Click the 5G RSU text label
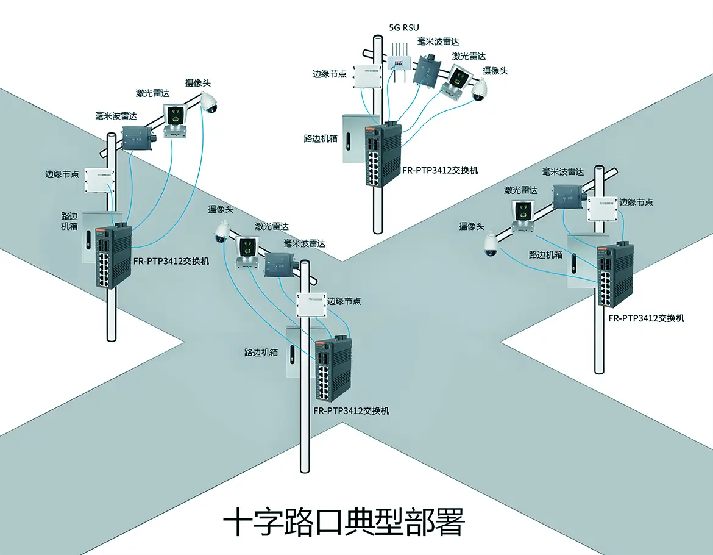(x=404, y=27)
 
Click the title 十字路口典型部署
(x=344, y=522)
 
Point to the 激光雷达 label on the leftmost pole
(x=152, y=93)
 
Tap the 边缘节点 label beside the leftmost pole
(x=62, y=174)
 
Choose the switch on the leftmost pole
(x=113, y=256)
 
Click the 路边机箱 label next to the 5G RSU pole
(x=321, y=139)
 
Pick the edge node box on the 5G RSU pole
(x=367, y=77)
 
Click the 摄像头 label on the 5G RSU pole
(x=495, y=71)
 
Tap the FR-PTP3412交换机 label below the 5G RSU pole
(x=440, y=170)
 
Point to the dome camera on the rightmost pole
(x=490, y=245)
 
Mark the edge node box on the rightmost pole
(x=602, y=209)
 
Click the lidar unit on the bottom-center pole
(x=248, y=250)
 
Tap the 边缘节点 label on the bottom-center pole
(x=344, y=301)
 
